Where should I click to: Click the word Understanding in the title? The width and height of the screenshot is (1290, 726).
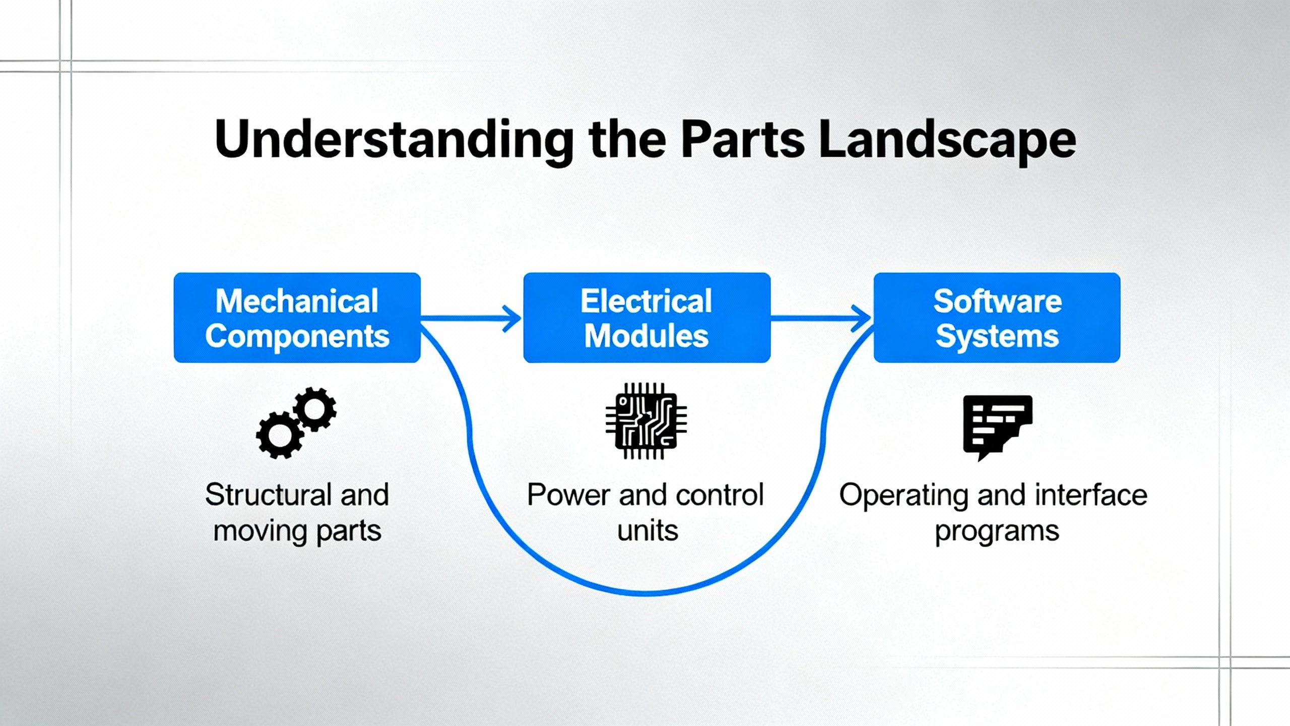394,140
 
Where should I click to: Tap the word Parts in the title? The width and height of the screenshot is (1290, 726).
742,140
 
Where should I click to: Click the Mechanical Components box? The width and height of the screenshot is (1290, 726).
297,318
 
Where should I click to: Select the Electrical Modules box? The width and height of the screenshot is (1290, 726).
647,318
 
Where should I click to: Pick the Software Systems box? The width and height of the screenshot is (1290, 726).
997,318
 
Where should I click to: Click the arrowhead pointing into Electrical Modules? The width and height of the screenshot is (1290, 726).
513,318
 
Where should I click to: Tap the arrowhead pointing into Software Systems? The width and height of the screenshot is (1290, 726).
863,318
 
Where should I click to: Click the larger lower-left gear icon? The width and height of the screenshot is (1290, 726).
280,435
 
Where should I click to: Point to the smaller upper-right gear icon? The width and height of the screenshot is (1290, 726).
315,409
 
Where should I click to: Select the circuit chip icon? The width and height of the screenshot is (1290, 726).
646,421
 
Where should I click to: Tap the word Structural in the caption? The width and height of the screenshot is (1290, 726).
268,495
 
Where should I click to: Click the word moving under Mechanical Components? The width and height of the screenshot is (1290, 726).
260,531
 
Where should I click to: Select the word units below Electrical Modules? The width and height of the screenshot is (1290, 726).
648,531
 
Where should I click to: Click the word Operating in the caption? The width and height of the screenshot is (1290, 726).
904,496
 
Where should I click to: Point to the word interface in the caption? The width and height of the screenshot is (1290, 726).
1091,495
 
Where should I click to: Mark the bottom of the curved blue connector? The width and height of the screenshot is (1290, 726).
647,592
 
